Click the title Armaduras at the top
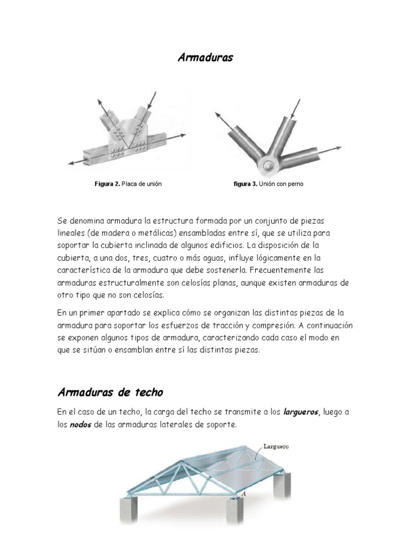(205, 58)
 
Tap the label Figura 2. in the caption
(107, 184)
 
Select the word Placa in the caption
(130, 184)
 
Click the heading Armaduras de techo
(110, 392)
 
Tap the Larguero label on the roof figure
(276, 445)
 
